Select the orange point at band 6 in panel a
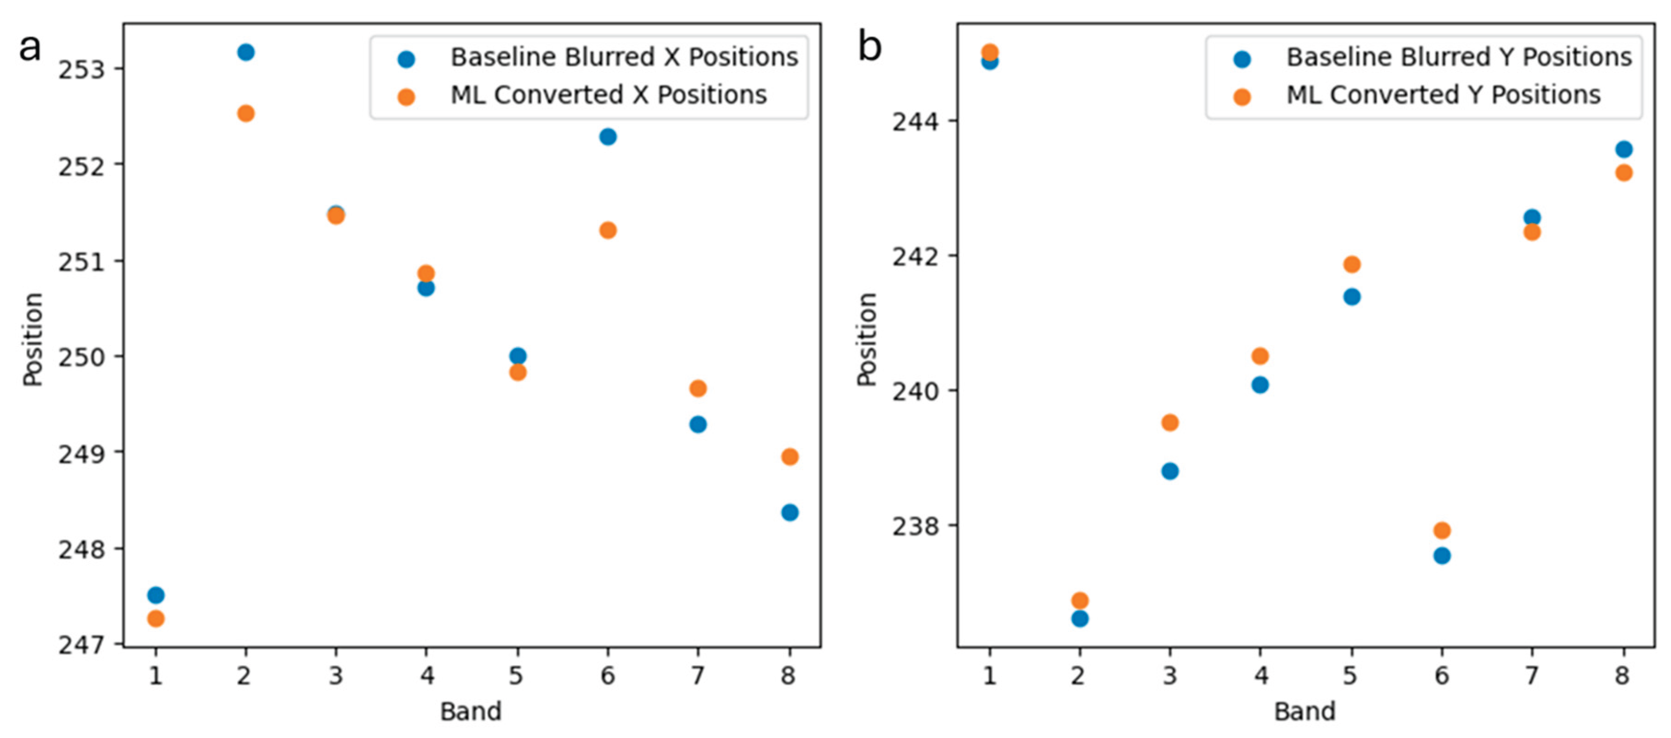[608, 230]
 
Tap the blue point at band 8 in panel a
[789, 512]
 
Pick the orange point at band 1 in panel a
[156, 619]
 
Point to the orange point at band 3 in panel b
[1170, 423]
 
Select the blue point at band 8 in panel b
[1624, 149]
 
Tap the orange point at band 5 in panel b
[1352, 264]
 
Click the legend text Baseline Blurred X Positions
[624, 57]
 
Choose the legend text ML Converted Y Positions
[1443, 95]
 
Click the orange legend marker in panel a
[406, 97]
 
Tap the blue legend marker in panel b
[1242, 60]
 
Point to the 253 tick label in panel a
[81, 69]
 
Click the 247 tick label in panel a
[81, 645]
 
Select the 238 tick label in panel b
[915, 526]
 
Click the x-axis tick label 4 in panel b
[1260, 676]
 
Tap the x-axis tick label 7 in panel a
[697, 676]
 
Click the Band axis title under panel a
[471, 712]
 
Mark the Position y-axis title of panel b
[867, 339]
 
